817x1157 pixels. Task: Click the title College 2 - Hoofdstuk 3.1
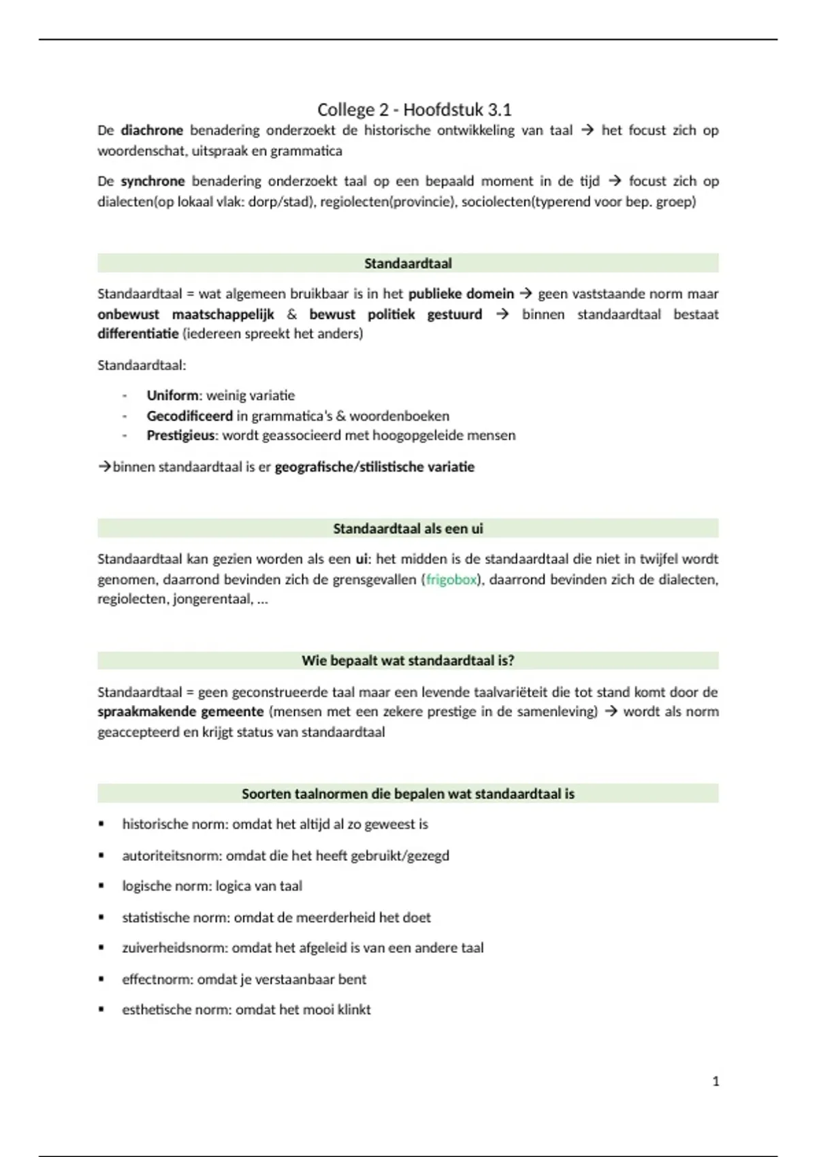(x=414, y=110)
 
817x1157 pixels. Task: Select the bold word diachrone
(x=152, y=130)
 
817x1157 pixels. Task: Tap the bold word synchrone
(x=153, y=181)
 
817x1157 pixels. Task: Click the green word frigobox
(x=451, y=580)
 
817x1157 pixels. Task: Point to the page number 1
(x=716, y=1081)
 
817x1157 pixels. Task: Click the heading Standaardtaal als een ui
(x=408, y=529)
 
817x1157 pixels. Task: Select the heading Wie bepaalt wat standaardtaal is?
(x=408, y=661)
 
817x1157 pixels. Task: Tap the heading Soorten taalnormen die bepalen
(x=408, y=794)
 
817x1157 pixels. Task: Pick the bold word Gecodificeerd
(x=189, y=416)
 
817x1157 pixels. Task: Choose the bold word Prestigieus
(x=180, y=436)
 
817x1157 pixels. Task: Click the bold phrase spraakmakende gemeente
(x=180, y=712)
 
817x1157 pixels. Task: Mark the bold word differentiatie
(x=138, y=334)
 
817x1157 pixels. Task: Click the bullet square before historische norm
(x=101, y=824)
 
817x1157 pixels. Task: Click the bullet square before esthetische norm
(x=101, y=1010)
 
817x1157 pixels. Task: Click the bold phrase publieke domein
(x=461, y=294)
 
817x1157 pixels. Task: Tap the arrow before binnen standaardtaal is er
(x=104, y=468)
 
